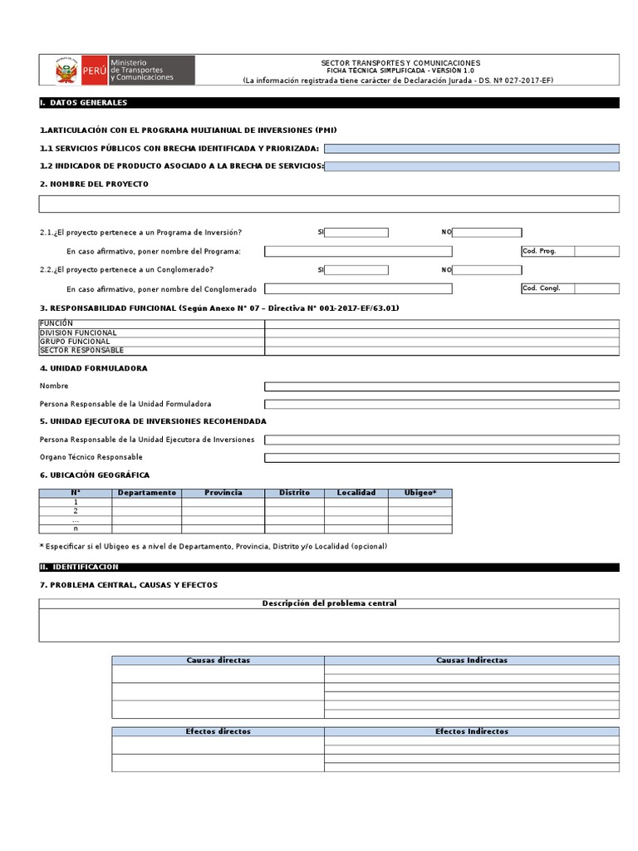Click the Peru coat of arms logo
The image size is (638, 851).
pos(66,71)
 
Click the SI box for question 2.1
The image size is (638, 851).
pos(356,233)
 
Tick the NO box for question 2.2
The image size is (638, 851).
pos(487,269)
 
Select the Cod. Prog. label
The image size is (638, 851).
pos(539,251)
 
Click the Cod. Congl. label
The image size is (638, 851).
pos(542,288)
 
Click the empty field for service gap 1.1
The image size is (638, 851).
pos(471,149)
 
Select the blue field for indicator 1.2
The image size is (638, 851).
pos(471,166)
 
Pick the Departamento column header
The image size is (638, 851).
pos(147,493)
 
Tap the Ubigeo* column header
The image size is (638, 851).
pos(420,493)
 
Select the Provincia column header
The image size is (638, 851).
pos(223,493)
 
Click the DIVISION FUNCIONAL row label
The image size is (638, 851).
pos(78,332)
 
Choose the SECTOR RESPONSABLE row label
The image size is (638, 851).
pos(81,351)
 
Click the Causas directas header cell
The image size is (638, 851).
pos(218,660)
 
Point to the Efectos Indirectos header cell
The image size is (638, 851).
pos(471,731)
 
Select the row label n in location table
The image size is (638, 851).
pos(76,529)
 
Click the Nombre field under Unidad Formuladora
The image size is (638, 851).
pos(441,386)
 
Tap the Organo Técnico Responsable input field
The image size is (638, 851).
pos(441,458)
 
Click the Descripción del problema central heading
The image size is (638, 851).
pos(329,603)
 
